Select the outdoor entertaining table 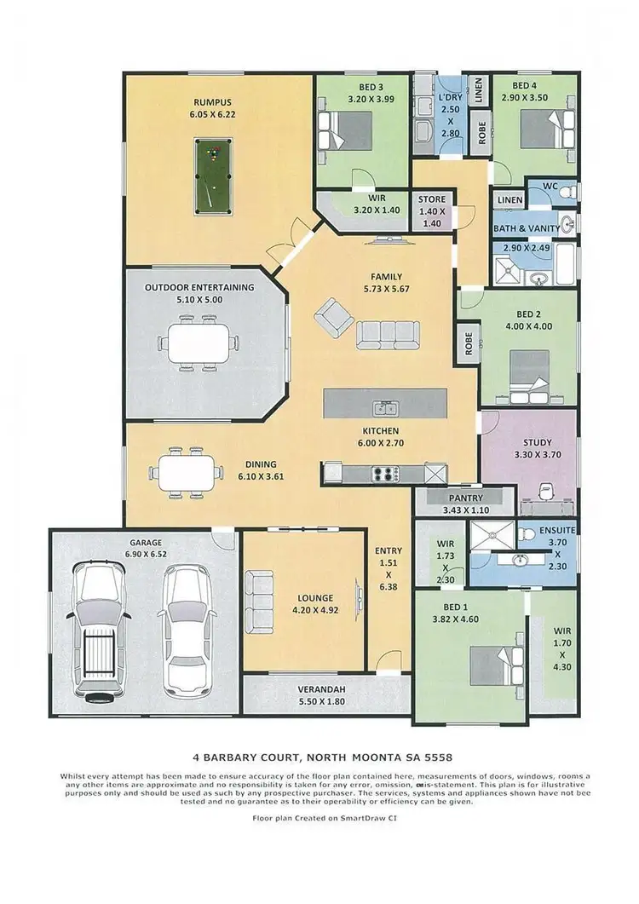coord(199,344)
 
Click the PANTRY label coord(463,498)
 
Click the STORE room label coord(432,199)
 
